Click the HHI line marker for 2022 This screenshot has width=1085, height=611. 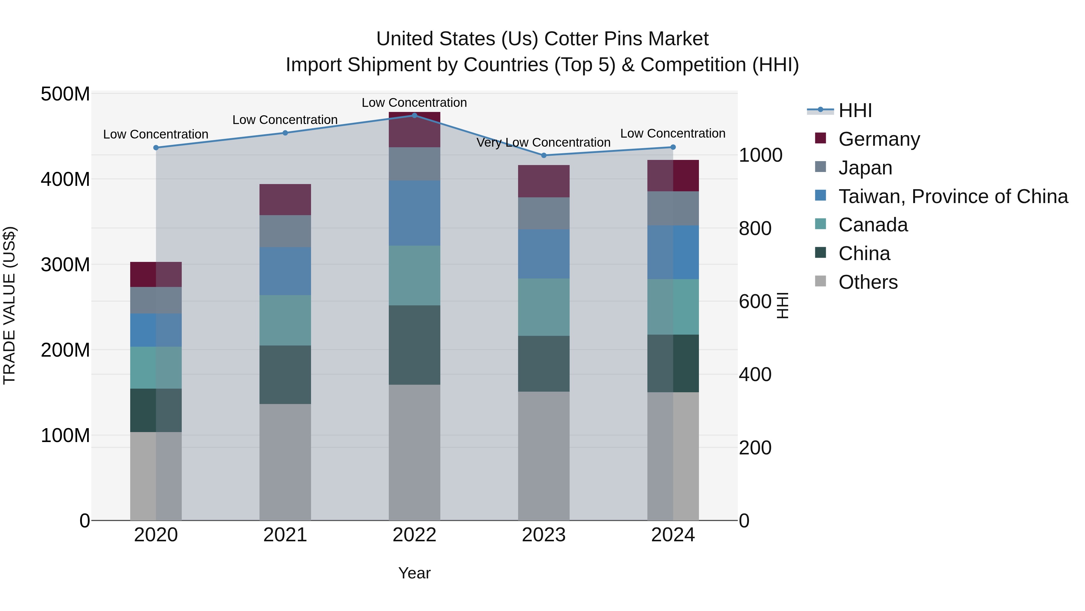pyautogui.click(x=414, y=115)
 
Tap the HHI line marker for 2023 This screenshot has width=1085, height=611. pyautogui.click(x=543, y=155)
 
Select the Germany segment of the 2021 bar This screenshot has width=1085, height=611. pyautogui.click(x=285, y=199)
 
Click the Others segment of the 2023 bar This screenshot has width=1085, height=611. pyautogui.click(x=543, y=455)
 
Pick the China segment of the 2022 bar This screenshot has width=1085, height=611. pyautogui.click(x=414, y=345)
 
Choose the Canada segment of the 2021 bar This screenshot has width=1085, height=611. pyautogui.click(x=285, y=320)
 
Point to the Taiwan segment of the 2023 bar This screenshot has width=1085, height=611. pyautogui.click(x=543, y=253)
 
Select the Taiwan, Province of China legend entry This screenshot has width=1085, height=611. pyautogui.click(x=953, y=196)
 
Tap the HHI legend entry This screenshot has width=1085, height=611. pyautogui.click(x=855, y=110)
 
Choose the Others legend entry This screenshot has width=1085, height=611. pyautogui.click(x=868, y=282)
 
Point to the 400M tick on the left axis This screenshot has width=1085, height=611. pyautogui.click(x=65, y=179)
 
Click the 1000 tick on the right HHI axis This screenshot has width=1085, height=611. pyautogui.click(x=760, y=155)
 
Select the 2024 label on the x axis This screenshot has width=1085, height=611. pyautogui.click(x=673, y=535)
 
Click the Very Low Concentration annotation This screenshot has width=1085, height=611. pyautogui.click(x=543, y=142)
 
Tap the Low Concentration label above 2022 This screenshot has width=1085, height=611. pyautogui.click(x=414, y=103)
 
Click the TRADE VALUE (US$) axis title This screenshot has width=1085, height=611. pyautogui.click(x=9, y=305)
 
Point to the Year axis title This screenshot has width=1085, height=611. pyautogui.click(x=414, y=573)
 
